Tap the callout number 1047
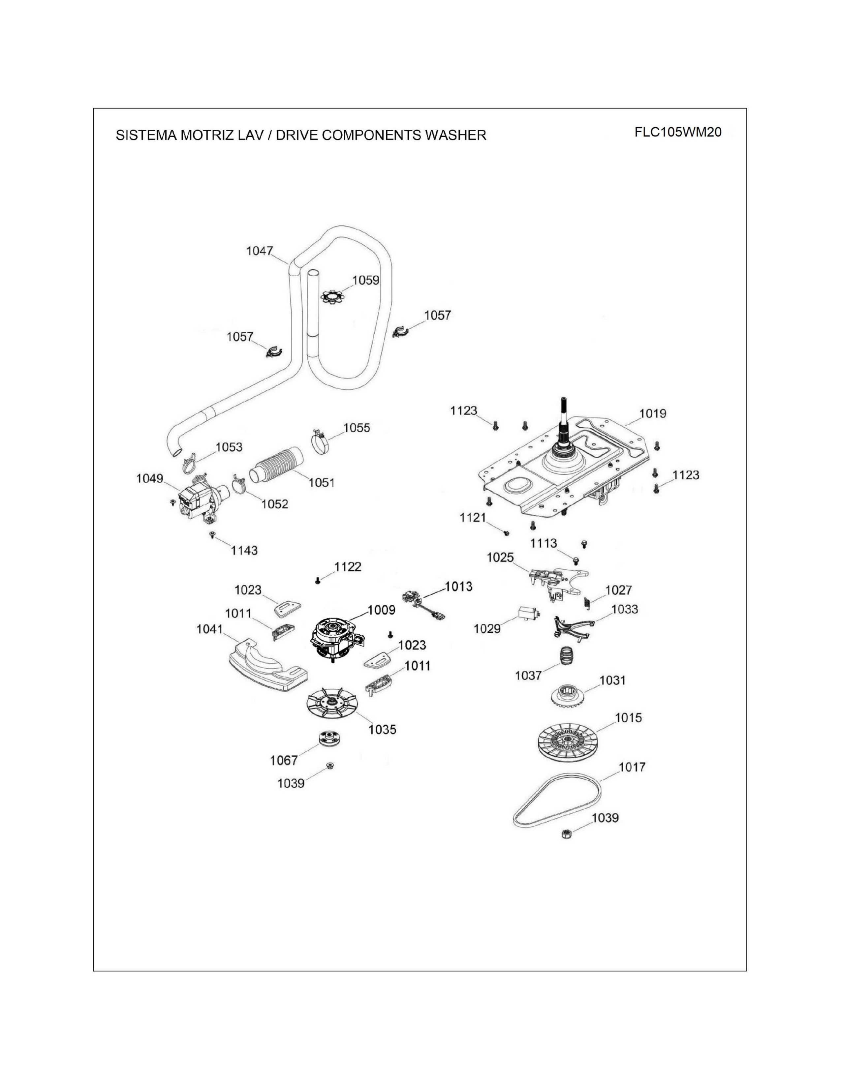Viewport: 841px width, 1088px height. coord(260,251)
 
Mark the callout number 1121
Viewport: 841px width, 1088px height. coord(472,518)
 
